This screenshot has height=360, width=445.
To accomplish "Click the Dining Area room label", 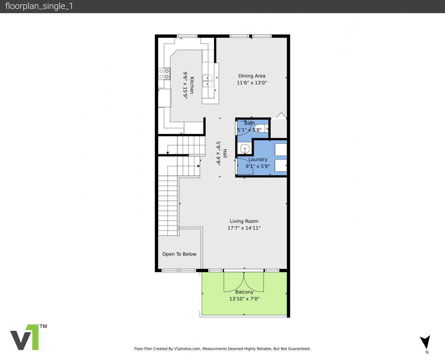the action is (252, 76).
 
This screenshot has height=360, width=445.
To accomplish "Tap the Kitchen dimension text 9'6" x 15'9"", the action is (185, 85).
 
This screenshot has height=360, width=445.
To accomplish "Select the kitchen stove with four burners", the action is (164, 74).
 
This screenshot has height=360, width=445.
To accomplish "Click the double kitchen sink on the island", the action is (207, 81).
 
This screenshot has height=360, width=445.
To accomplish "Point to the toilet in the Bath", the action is (261, 128).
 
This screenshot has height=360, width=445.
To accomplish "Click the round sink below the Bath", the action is (245, 149).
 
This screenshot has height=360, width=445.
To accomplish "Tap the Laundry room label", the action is (258, 159).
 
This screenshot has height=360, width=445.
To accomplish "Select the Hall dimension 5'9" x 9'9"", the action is (218, 154).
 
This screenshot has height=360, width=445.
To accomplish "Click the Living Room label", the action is (244, 221).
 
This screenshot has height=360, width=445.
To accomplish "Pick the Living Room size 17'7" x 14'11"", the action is (244, 228).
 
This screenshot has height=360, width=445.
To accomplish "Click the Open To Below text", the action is (179, 254).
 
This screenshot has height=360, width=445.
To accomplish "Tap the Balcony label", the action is (244, 292).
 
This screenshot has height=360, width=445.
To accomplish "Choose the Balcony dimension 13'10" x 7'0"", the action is (244, 299).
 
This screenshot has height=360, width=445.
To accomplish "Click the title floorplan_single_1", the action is (39, 6).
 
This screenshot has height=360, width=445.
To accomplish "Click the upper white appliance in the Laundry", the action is (281, 150).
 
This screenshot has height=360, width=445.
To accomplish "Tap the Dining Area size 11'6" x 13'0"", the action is (252, 83).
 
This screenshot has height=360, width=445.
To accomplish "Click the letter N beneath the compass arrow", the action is (427, 352).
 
